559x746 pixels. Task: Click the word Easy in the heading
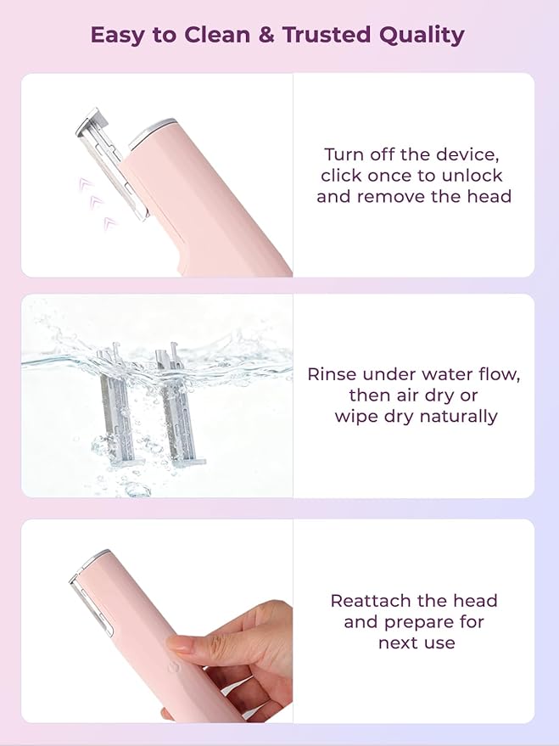click(x=115, y=36)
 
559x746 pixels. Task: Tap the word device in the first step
click(x=470, y=154)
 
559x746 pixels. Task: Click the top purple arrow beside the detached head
click(x=84, y=182)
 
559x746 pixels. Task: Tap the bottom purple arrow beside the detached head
click(x=109, y=223)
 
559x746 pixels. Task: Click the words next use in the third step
click(x=416, y=643)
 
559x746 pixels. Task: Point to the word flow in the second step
click(x=500, y=374)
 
